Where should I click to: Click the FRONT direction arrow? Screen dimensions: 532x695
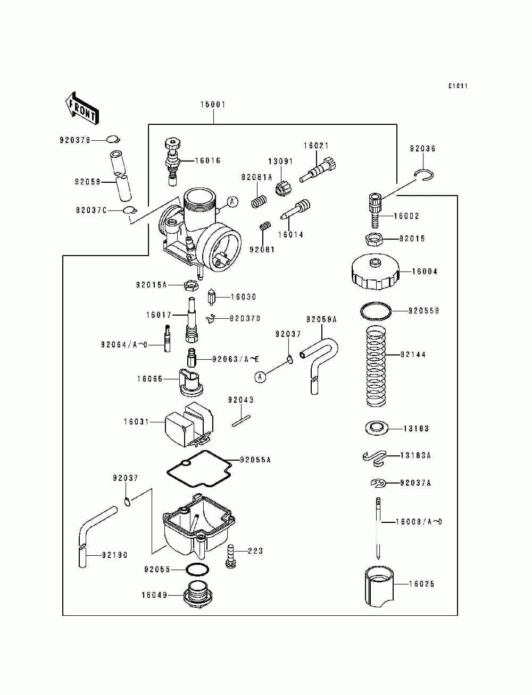[82, 108]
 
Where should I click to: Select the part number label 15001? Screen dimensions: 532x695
[213, 105]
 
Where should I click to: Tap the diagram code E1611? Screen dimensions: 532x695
[458, 86]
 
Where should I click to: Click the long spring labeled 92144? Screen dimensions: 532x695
[376, 366]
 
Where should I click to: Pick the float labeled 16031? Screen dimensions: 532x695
[189, 424]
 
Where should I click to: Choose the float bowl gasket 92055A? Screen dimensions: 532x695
[199, 469]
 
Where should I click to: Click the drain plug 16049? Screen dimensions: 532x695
[198, 595]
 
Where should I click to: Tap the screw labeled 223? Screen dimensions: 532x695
[231, 556]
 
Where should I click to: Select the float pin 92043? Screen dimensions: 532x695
[241, 421]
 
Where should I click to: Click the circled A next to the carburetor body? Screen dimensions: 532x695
[232, 201]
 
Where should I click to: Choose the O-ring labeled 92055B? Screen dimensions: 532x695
[376, 310]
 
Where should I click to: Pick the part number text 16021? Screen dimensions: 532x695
[316, 146]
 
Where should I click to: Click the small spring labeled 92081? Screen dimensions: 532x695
[265, 226]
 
